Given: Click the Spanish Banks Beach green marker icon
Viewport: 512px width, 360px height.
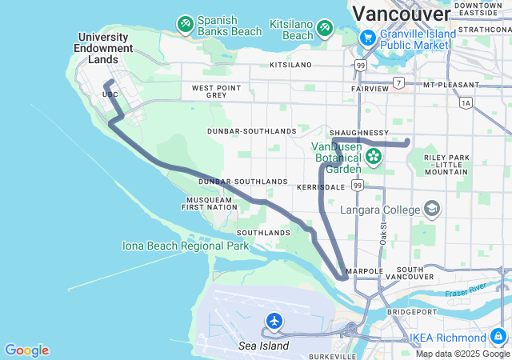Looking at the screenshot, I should pos(186,25).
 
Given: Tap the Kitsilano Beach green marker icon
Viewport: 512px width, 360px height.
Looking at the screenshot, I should pos(325,29).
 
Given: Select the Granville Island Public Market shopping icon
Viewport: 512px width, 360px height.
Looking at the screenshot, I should pos(367,38).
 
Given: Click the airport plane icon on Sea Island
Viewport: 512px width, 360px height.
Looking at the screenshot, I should pos(274,322).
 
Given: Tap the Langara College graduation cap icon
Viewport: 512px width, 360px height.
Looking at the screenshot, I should pos(432,210).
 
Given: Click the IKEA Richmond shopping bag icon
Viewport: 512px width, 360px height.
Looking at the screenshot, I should pos(498,337).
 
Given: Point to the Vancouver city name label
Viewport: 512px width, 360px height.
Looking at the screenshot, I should pos(401,14).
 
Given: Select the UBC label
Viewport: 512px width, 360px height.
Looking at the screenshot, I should pos(110,94).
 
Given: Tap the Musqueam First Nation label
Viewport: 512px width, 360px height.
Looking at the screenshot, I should pos(210,203).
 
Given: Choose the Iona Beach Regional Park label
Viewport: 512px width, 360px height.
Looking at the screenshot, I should pos(186,246).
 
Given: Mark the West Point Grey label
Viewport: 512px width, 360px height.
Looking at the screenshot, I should pos(216,91).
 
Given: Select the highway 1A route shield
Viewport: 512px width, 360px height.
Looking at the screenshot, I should pos(466,102).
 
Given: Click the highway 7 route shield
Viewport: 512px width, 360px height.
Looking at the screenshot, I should pos(398,82).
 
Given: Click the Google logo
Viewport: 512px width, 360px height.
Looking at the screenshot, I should pos(26,350).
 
